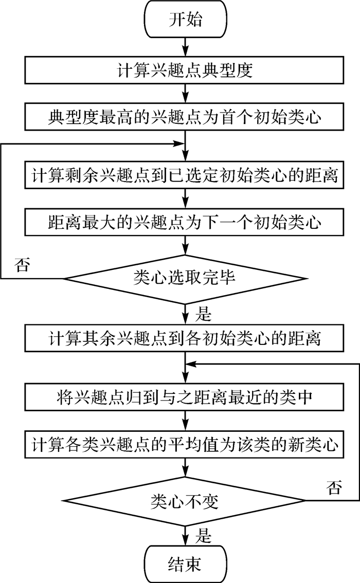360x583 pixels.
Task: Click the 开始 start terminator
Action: click(185, 21)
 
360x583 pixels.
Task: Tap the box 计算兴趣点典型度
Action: click(185, 70)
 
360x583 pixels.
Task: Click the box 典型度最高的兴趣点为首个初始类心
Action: click(185, 118)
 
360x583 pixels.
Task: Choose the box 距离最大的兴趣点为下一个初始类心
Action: click(185, 223)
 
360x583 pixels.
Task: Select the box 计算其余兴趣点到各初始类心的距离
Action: click(185, 338)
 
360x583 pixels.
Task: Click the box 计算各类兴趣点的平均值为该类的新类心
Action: click(185, 443)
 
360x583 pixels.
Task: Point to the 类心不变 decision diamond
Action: click(185, 500)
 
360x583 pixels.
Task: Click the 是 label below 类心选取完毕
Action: click(203, 312)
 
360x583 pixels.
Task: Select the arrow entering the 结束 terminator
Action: click(185, 535)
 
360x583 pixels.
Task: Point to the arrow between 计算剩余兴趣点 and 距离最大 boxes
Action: click(185, 198)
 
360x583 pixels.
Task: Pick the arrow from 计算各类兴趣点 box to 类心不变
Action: click(185, 469)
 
